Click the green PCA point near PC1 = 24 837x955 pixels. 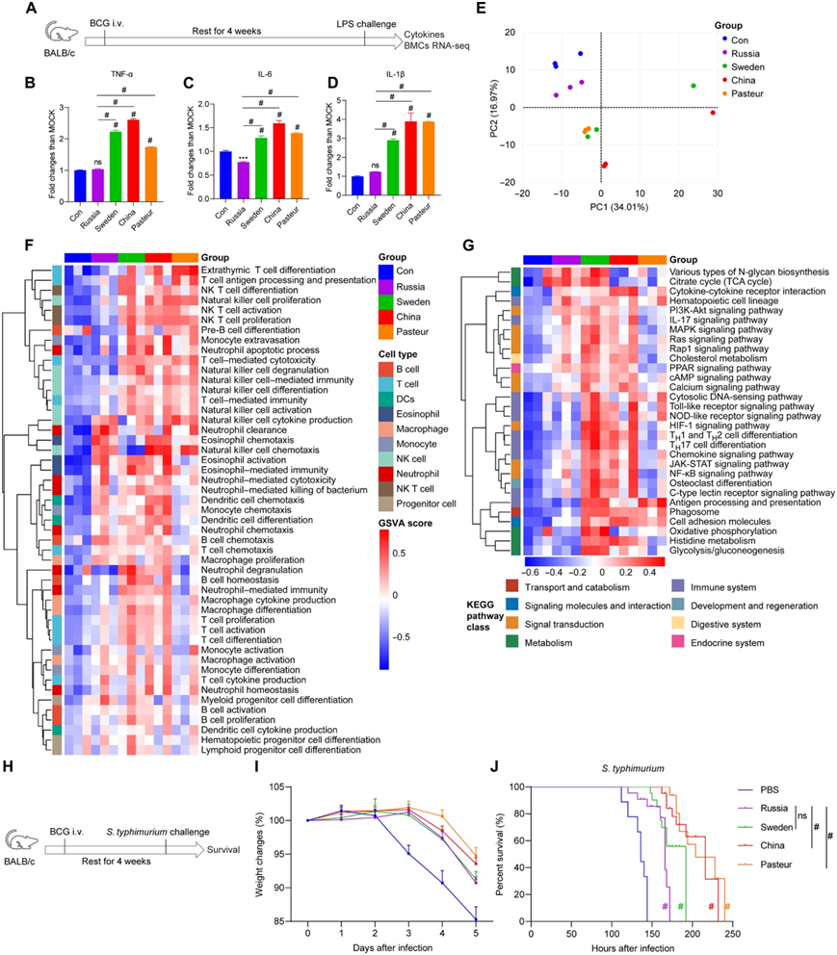click(x=693, y=87)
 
